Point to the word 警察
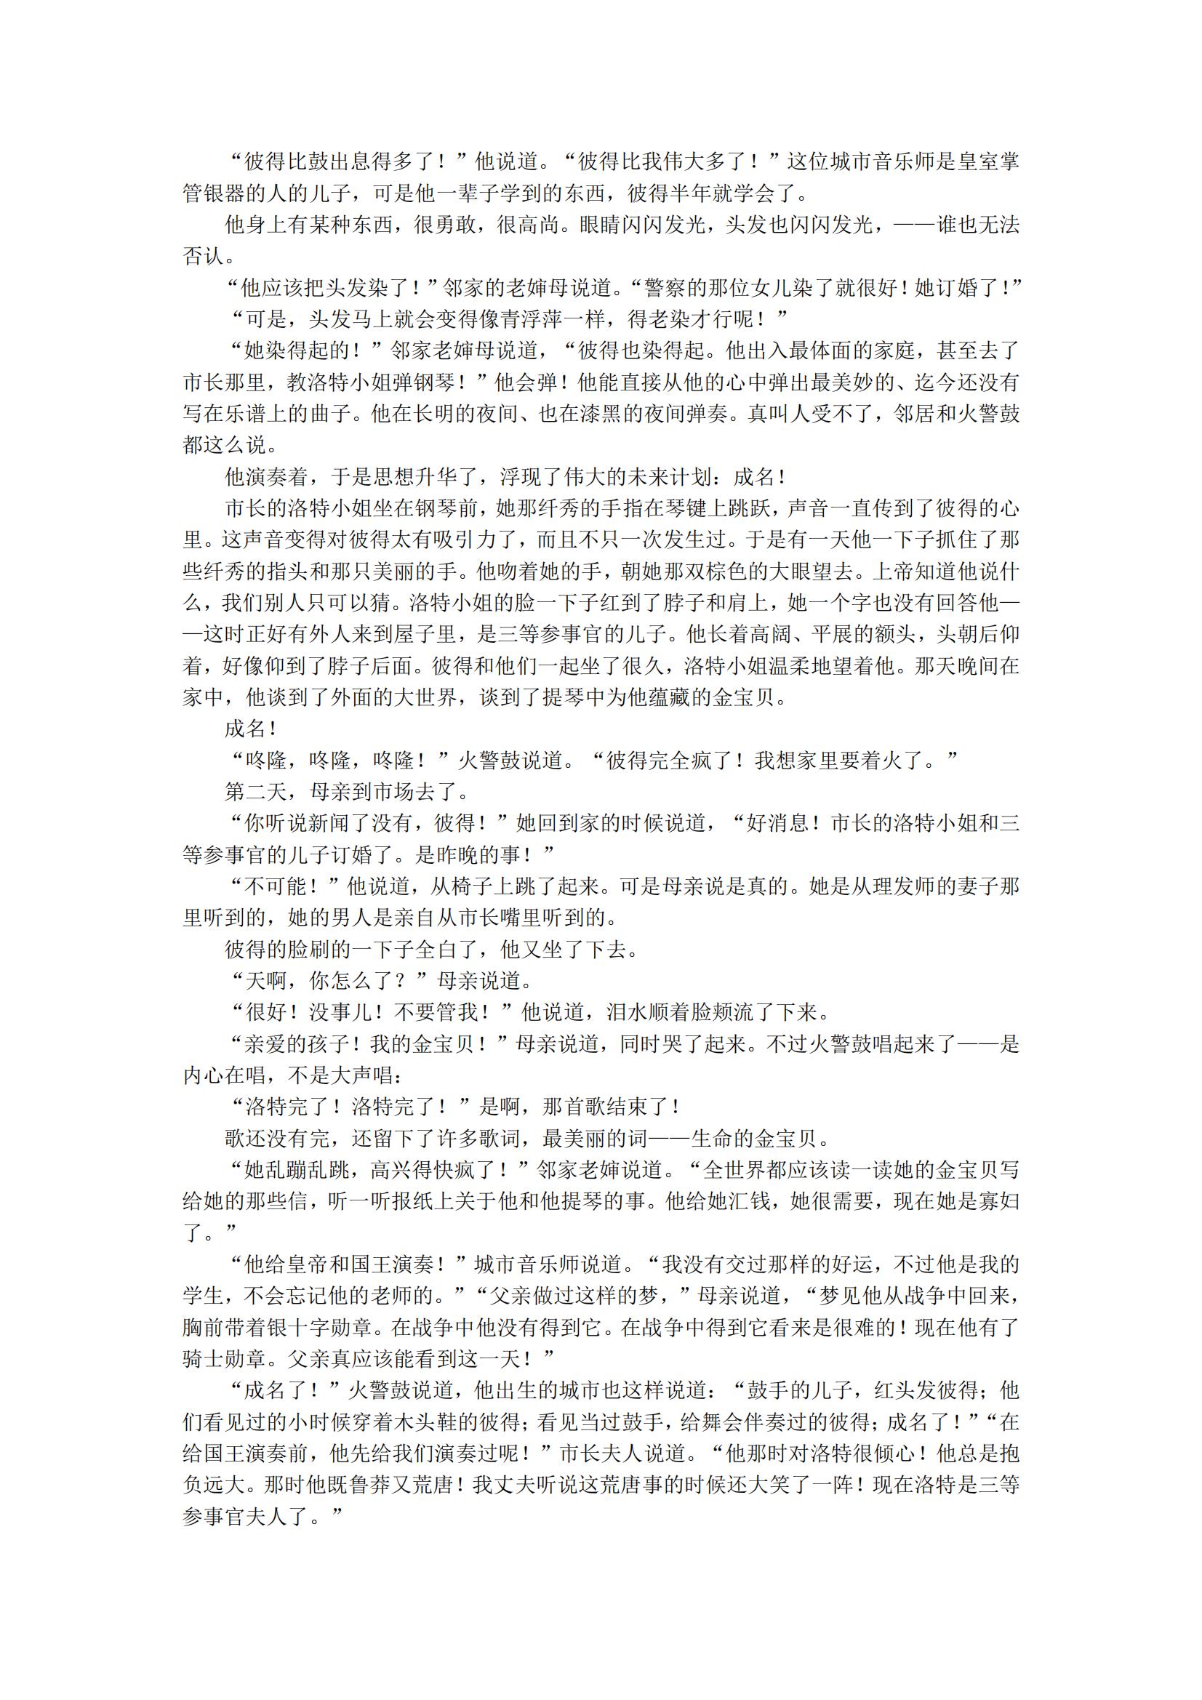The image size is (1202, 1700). point(665,288)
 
